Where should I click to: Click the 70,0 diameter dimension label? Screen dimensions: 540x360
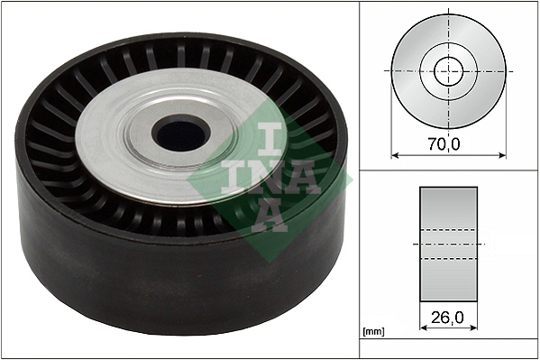pyautogui.click(x=444, y=143)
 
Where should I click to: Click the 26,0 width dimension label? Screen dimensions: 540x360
pyautogui.click(x=447, y=317)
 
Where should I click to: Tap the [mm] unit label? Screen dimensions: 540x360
pyautogui.click(x=373, y=332)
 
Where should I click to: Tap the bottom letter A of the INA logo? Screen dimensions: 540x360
pyautogui.click(x=270, y=214)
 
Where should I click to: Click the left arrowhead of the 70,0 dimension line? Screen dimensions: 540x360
pyautogui.click(x=395, y=155)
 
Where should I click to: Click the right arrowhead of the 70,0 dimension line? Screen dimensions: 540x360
pyautogui.click(x=502, y=155)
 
